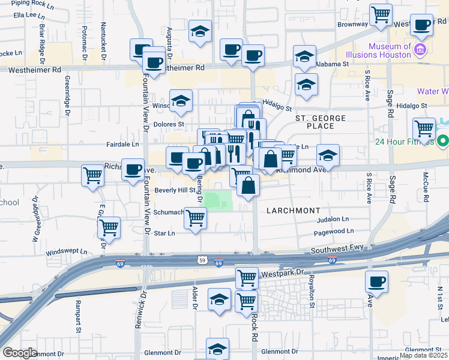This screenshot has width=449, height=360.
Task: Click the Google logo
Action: coord(20,353)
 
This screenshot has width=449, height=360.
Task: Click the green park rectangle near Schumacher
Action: coord(217,200)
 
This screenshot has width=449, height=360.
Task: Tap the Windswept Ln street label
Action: coord(66,252)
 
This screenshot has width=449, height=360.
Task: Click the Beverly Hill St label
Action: coord(175,190)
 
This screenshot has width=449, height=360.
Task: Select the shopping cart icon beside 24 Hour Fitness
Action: coord(424,128)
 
